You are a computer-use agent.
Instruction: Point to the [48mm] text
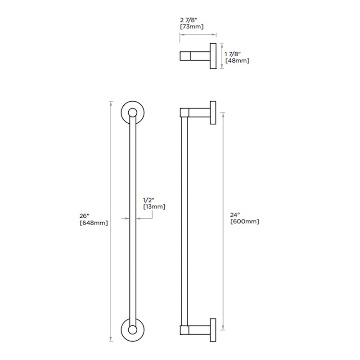click(237, 60)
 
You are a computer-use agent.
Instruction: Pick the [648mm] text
click(93, 223)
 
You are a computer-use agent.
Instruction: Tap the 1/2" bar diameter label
click(149, 199)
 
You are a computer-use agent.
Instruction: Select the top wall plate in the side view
click(212, 112)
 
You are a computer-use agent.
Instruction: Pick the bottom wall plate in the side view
click(212, 330)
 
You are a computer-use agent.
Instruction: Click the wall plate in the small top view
click(213, 56)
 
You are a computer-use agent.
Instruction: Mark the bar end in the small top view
click(184, 56)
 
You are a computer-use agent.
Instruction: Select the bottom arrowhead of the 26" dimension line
click(111, 340)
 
